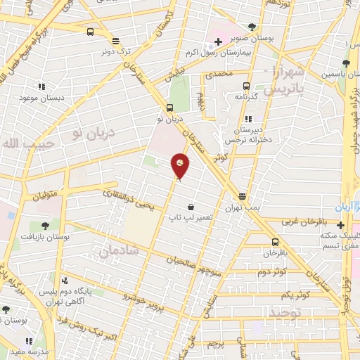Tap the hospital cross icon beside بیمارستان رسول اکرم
pos(219,42)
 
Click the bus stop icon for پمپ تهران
pos(243,196)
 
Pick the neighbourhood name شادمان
pos(119,250)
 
